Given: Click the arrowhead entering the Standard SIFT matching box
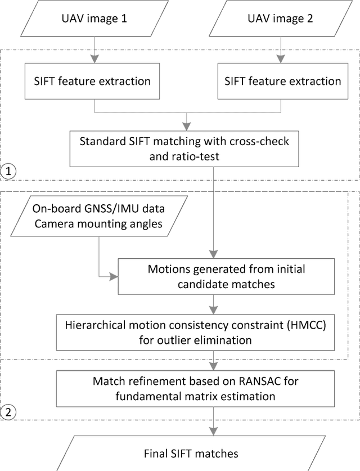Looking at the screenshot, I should pyautogui.click(x=186, y=126).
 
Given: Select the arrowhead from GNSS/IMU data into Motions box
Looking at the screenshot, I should pyautogui.click(x=116, y=276).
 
